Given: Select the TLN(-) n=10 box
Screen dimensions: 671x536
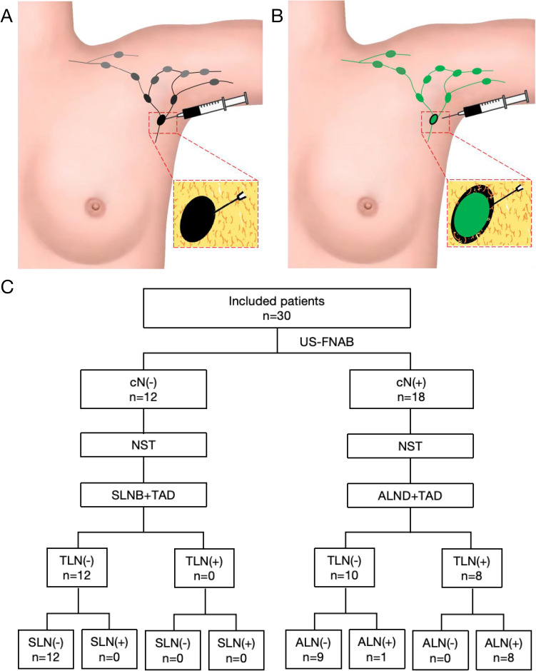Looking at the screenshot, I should (345, 557).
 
